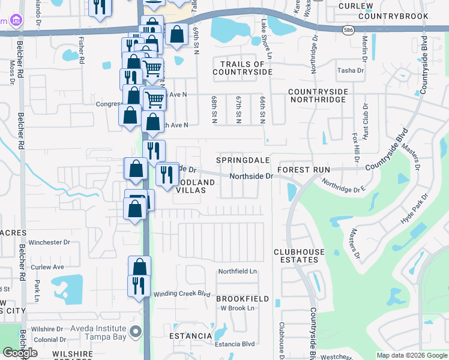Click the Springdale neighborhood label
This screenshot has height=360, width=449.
243,161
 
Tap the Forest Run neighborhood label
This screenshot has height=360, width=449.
304,170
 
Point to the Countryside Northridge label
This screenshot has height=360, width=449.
318,95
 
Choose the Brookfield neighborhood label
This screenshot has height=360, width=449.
243,298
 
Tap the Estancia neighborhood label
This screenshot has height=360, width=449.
190,335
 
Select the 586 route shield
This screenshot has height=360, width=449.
349,29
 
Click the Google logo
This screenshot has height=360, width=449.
20,352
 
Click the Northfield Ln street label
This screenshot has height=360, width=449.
237,271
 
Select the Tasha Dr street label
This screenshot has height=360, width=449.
351,70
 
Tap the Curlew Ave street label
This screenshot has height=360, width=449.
47,267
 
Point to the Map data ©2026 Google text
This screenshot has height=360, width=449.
412,355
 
